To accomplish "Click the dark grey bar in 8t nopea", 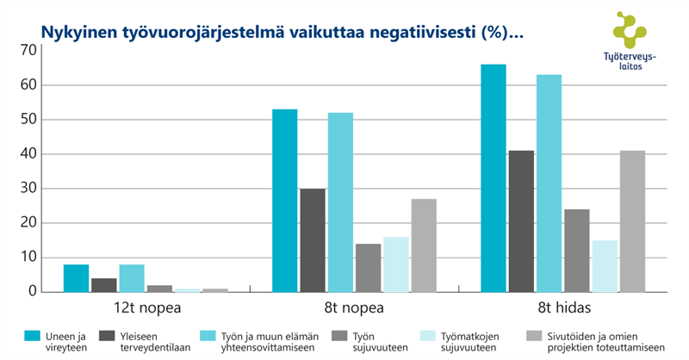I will click(x=312, y=240).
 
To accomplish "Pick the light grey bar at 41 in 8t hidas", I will click(x=632, y=221).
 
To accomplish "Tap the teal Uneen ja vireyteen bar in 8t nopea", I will click(x=284, y=201).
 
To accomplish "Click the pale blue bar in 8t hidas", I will click(x=605, y=266).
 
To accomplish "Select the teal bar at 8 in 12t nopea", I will click(x=76, y=278).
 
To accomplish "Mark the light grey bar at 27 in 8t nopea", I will click(x=424, y=245).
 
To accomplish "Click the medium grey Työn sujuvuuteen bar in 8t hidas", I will click(x=577, y=251).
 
